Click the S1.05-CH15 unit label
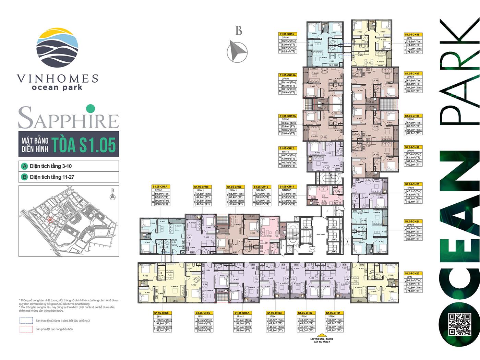point(287,34)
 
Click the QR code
point(460,324)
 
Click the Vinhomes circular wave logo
point(57,48)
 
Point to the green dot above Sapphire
point(90,108)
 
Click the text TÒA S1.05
point(83,144)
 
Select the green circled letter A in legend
point(24,166)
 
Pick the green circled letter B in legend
point(24,177)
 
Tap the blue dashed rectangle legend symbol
point(26,321)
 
